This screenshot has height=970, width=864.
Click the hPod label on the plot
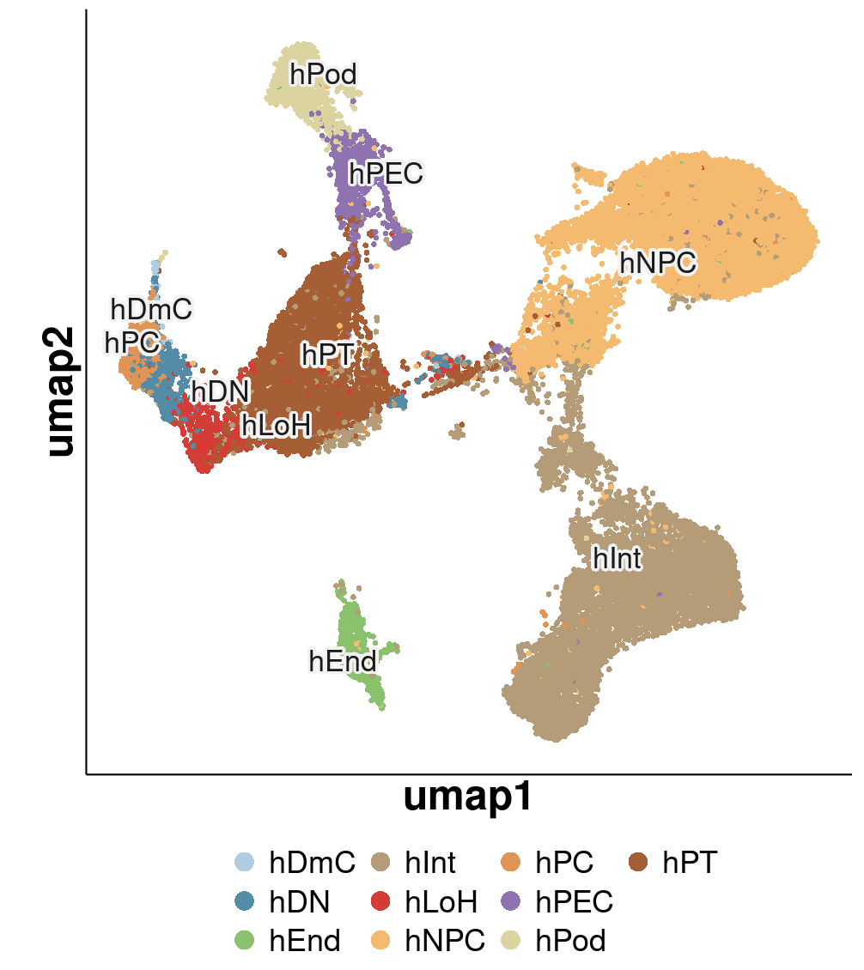click(x=323, y=76)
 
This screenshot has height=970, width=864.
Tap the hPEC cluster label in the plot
click(x=386, y=174)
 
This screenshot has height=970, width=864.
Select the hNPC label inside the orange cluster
click(x=658, y=264)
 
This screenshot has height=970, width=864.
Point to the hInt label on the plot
click(x=618, y=559)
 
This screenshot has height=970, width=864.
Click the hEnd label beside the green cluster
click(x=342, y=662)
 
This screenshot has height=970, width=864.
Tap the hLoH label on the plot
click(x=276, y=423)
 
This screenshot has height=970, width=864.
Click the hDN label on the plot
click(x=220, y=392)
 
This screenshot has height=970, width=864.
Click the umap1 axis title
click(x=467, y=797)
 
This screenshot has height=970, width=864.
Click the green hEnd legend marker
click(x=246, y=941)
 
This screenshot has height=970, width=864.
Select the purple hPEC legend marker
click(x=513, y=901)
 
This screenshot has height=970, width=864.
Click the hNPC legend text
click(x=445, y=941)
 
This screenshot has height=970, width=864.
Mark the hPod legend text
click(x=571, y=941)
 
